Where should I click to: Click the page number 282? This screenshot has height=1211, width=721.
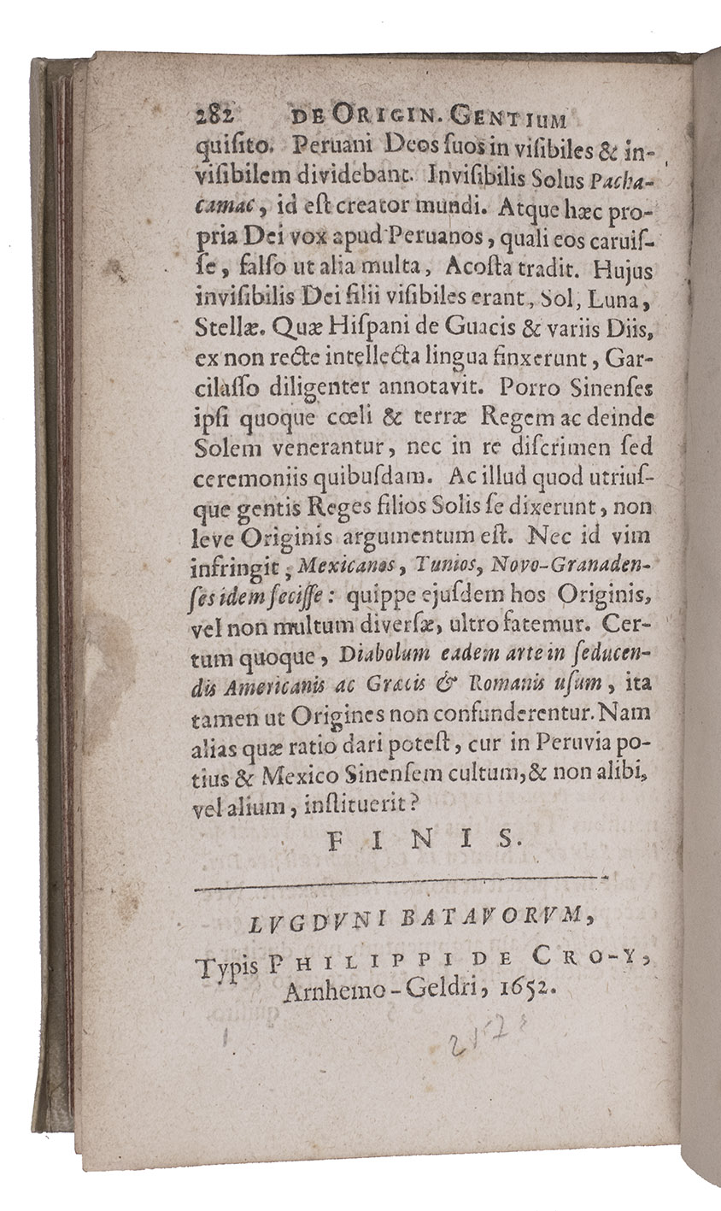pyautogui.click(x=214, y=118)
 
